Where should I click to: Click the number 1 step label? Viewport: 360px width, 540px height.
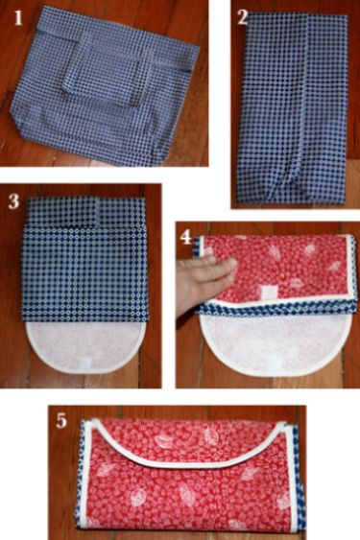18,18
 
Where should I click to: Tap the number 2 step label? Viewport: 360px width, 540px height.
243,17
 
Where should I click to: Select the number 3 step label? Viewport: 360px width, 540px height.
13,202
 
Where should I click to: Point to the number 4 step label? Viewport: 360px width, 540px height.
186,237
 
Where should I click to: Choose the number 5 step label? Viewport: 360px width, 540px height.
61,420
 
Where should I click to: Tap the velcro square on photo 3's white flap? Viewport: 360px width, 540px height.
84,363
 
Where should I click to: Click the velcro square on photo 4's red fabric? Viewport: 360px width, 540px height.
268,291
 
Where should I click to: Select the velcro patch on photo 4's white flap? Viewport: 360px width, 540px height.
273,360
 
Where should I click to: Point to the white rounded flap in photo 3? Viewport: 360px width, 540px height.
85,346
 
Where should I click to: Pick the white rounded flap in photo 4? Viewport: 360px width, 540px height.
276,344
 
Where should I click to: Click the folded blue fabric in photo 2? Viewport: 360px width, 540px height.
293,108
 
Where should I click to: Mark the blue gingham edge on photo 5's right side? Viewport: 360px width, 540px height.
300,479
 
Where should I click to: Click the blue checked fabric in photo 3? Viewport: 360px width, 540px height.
84,259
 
